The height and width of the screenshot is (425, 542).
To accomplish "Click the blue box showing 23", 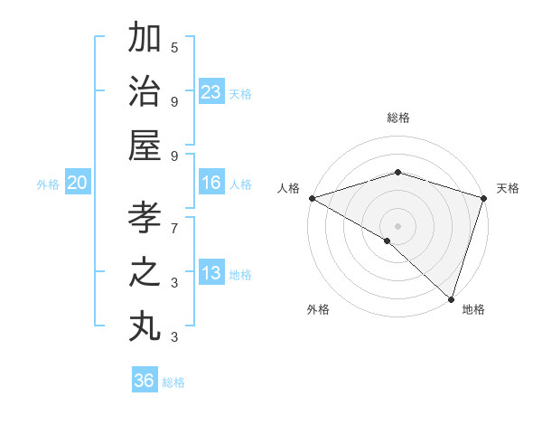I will [x=211, y=92].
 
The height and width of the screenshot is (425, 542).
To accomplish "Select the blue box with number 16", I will [x=211, y=184].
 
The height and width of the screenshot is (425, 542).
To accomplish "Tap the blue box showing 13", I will [x=211, y=274].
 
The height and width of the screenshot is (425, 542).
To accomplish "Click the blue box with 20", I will [x=78, y=184].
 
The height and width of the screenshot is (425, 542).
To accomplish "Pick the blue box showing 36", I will [x=145, y=382].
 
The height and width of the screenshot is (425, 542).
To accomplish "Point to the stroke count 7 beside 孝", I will [x=174, y=220].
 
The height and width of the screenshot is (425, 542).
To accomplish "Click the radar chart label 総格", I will [x=398, y=118].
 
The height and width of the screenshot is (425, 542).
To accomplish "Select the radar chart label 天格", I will [x=509, y=188].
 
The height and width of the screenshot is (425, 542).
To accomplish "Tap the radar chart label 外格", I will [x=318, y=310].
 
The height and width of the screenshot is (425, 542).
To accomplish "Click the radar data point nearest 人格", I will [x=312, y=198].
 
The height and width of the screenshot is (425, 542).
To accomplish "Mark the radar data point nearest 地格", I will [x=450, y=297].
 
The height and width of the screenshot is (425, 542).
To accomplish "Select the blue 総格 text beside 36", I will [x=173, y=382].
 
